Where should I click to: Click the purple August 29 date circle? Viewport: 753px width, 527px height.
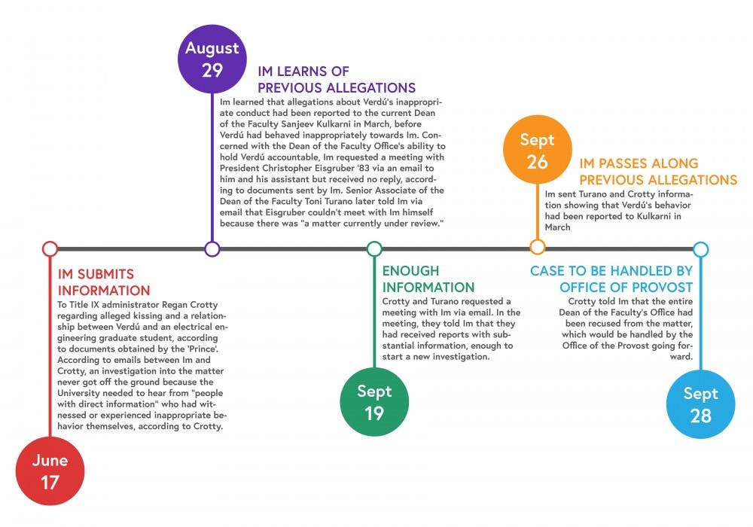pyautogui.click(x=212, y=59)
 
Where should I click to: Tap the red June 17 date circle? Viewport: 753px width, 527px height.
pyautogui.click(x=50, y=471)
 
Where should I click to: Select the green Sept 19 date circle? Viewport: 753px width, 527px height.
pyautogui.click(x=374, y=402)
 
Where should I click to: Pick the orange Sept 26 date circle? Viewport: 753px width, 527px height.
pyautogui.click(x=538, y=149)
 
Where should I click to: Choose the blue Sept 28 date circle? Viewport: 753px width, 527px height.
pyautogui.click(x=700, y=404)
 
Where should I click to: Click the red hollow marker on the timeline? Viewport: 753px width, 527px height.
pyautogui.click(x=50, y=249)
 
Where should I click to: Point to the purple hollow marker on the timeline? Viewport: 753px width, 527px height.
pyautogui.click(x=212, y=249)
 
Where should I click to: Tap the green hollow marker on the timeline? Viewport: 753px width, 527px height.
pyautogui.click(x=374, y=249)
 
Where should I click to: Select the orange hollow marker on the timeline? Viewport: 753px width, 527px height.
pyautogui.click(x=538, y=247)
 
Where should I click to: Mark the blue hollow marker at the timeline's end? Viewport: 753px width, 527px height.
pyautogui.click(x=700, y=249)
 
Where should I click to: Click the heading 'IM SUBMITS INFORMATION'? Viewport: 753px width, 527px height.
pyautogui.click(x=104, y=282)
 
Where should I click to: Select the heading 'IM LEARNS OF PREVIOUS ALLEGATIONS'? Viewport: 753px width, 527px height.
pyautogui.click(x=337, y=80)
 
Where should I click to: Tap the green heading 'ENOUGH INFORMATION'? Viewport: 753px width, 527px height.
pyautogui.click(x=428, y=279)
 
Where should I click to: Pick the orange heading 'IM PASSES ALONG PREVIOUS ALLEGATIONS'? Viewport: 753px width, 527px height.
pyautogui.click(x=658, y=172)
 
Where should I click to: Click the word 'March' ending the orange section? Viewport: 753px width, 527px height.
pyautogui.click(x=557, y=227)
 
